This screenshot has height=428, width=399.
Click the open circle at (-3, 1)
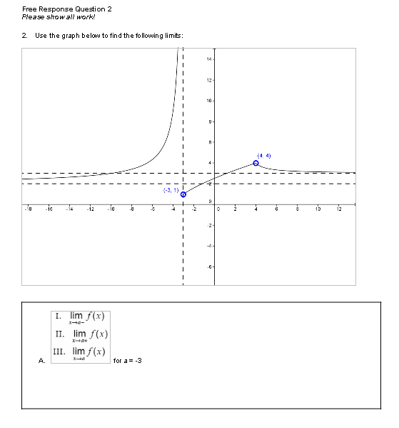pyautogui.click(x=183, y=194)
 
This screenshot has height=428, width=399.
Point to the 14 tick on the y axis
pyautogui.click(x=209, y=59)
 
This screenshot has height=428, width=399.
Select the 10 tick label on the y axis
pyautogui.click(x=209, y=101)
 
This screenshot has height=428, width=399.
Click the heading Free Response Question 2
pyautogui.click(x=67, y=9)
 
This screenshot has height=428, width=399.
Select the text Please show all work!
pyautogui.click(x=59, y=16)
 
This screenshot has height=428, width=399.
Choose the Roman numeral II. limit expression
pyautogui.click(x=81, y=335)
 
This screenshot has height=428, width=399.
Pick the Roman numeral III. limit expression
pyautogui.click(x=81, y=352)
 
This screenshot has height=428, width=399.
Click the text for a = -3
pyautogui.click(x=128, y=360)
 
